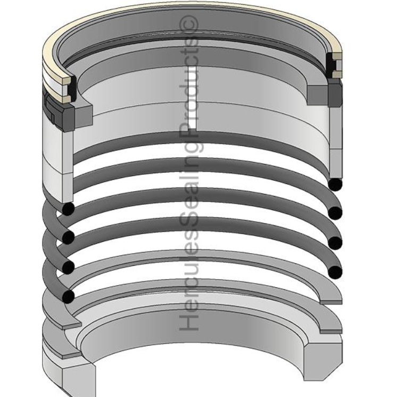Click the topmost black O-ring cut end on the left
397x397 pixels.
click(x=68, y=209)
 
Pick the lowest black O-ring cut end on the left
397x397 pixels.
click(x=68, y=296)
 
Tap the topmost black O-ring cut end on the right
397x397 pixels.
click(x=335, y=184)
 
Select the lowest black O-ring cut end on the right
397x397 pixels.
click(x=335, y=272)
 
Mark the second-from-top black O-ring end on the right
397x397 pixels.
click(x=335, y=213)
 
